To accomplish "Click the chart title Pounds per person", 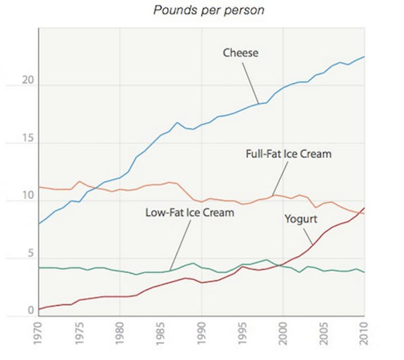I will (200, 11).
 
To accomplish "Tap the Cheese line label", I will (240, 52).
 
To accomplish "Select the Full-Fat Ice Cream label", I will (288, 154).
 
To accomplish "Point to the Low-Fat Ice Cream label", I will (189, 213).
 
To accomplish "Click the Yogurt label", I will (301, 219).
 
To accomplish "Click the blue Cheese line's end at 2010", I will (364, 57).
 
